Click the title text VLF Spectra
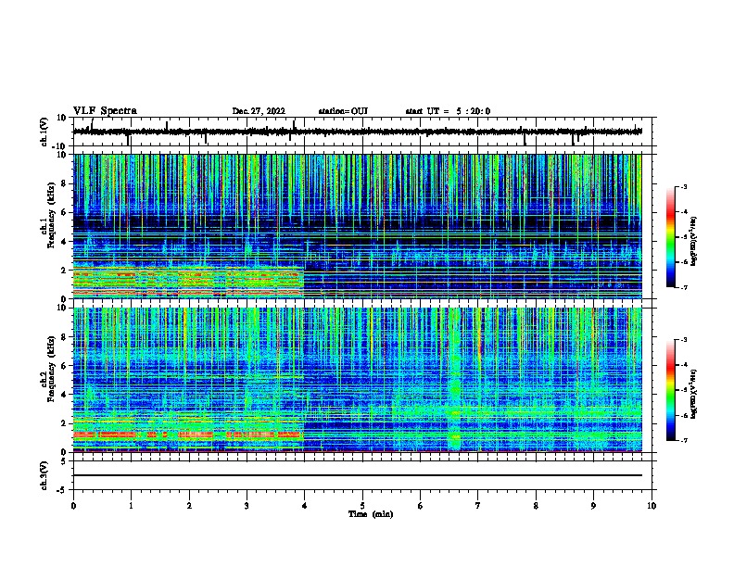(105, 110)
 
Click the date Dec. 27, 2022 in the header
(259, 111)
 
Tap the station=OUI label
(343, 111)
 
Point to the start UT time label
(448, 111)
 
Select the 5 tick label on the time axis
(363, 504)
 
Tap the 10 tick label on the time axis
(652, 504)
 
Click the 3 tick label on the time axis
(247, 504)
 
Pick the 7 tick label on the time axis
(478, 504)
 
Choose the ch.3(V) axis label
(44, 473)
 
